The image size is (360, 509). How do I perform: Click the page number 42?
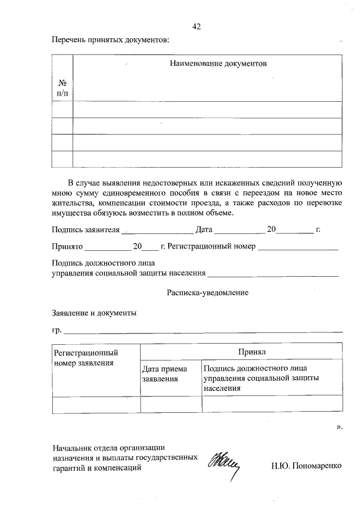(x=196, y=26)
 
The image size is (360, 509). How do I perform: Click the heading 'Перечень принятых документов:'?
(x=110, y=40)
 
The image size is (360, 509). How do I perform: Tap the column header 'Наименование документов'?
(x=218, y=64)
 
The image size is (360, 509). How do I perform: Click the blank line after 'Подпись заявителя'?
(x=157, y=231)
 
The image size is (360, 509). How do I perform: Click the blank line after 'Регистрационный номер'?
(x=298, y=247)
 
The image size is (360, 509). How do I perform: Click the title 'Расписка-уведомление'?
(x=208, y=292)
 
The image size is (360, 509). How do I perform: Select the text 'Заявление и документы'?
(x=94, y=313)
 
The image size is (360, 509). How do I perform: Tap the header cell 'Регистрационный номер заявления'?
(x=85, y=358)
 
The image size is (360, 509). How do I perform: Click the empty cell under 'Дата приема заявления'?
(x=170, y=404)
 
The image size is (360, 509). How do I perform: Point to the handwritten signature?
(x=224, y=465)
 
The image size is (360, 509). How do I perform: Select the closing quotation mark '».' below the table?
(x=339, y=427)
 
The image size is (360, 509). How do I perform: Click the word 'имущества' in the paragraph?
(x=70, y=214)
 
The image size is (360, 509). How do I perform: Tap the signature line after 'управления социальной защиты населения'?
(x=273, y=275)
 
